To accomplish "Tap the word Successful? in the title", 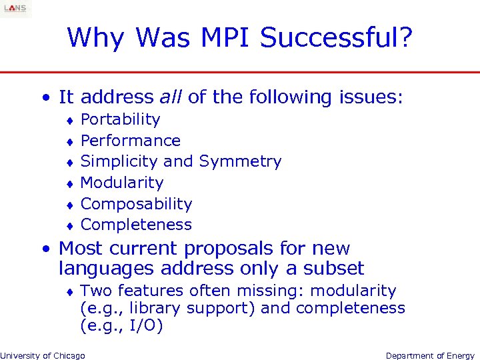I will click(x=337, y=38).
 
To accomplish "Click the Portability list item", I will click(x=120, y=120).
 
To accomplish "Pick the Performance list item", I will click(x=130, y=141).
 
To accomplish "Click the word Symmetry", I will click(x=240, y=162).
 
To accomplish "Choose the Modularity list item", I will click(x=121, y=183).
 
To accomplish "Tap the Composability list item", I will click(x=136, y=204).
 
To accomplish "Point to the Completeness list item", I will click(x=136, y=225).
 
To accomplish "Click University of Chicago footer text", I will click(x=43, y=355).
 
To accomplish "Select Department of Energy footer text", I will click(x=430, y=355).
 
